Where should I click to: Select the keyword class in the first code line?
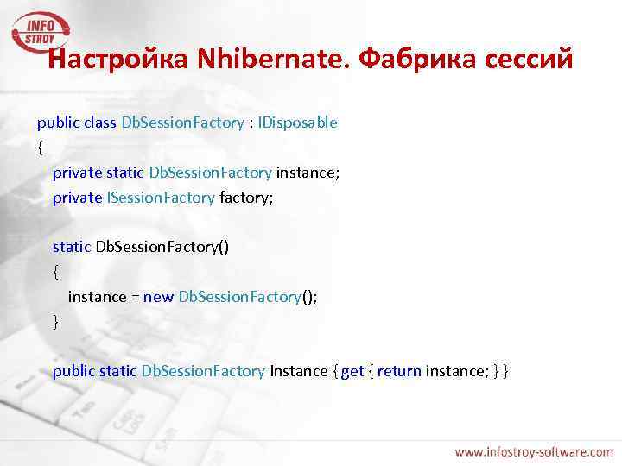pyautogui.click(x=101, y=123)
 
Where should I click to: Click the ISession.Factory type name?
pyautogui.click(x=161, y=198)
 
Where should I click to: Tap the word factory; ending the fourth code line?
pyautogui.click(x=246, y=198)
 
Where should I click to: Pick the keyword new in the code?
pyautogui.click(x=158, y=297)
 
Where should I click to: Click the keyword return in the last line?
pyautogui.click(x=399, y=371)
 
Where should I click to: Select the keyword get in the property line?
pyautogui.click(x=352, y=371)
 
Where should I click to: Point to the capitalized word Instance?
pyautogui.click(x=299, y=371)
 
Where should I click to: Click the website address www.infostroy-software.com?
pyautogui.click(x=534, y=451)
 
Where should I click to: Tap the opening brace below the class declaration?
pyautogui.click(x=40, y=148)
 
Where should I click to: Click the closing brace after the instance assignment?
pyautogui.click(x=56, y=322)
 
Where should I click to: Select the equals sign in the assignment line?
pyautogui.click(x=135, y=297)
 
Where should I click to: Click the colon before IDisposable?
pyautogui.click(x=251, y=123)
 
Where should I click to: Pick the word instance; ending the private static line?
pyautogui.click(x=308, y=173)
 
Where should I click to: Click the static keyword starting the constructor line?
pyautogui.click(x=72, y=247)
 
